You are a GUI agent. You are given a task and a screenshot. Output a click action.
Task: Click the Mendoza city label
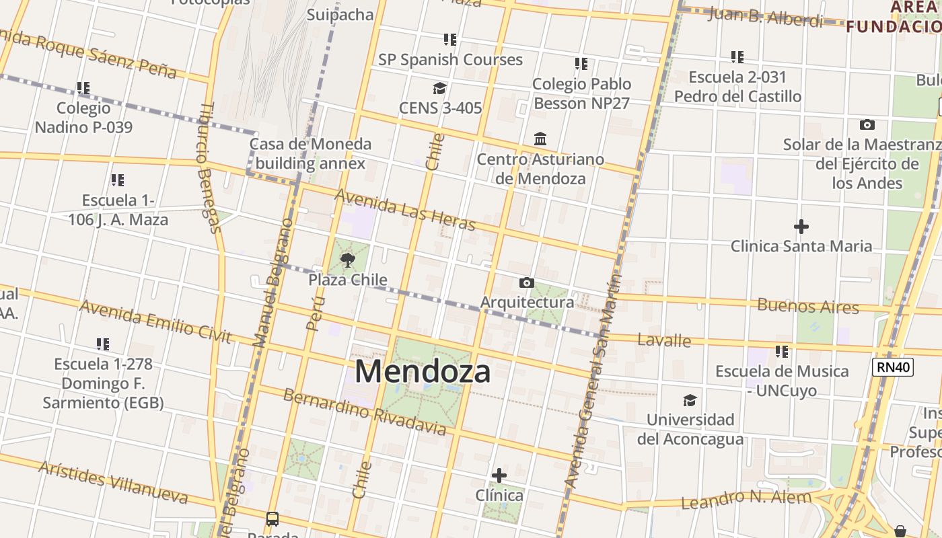point(423,371)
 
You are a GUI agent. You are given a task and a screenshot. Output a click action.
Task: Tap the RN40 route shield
point(892,367)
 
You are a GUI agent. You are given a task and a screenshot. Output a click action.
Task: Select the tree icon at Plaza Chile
point(347,260)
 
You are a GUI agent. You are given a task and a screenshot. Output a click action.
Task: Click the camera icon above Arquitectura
point(527,282)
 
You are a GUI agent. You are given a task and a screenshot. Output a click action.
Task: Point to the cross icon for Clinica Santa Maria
point(801,227)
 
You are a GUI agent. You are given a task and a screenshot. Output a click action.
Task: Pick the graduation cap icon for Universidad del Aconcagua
point(690,401)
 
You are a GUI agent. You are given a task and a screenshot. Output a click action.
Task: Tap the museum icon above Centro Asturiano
point(540,139)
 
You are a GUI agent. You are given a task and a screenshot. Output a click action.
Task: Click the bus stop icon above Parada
point(272,519)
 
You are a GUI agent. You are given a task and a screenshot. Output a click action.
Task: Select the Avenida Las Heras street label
point(405,209)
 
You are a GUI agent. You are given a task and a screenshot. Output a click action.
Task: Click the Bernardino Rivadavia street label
point(364,411)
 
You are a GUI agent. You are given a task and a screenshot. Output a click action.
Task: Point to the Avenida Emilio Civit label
point(155,321)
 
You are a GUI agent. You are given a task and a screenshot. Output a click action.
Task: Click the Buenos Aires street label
point(808,306)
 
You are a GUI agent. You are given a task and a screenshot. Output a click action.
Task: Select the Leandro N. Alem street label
point(746,500)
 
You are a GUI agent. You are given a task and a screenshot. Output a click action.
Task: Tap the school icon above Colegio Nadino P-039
point(83,88)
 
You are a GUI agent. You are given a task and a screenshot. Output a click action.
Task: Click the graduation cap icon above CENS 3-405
point(440,88)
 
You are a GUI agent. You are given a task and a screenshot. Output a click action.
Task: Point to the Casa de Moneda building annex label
point(310,153)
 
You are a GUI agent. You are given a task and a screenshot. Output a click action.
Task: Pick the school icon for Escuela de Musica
point(781,351)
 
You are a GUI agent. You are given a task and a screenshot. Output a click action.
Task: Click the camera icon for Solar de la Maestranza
point(867,124)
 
